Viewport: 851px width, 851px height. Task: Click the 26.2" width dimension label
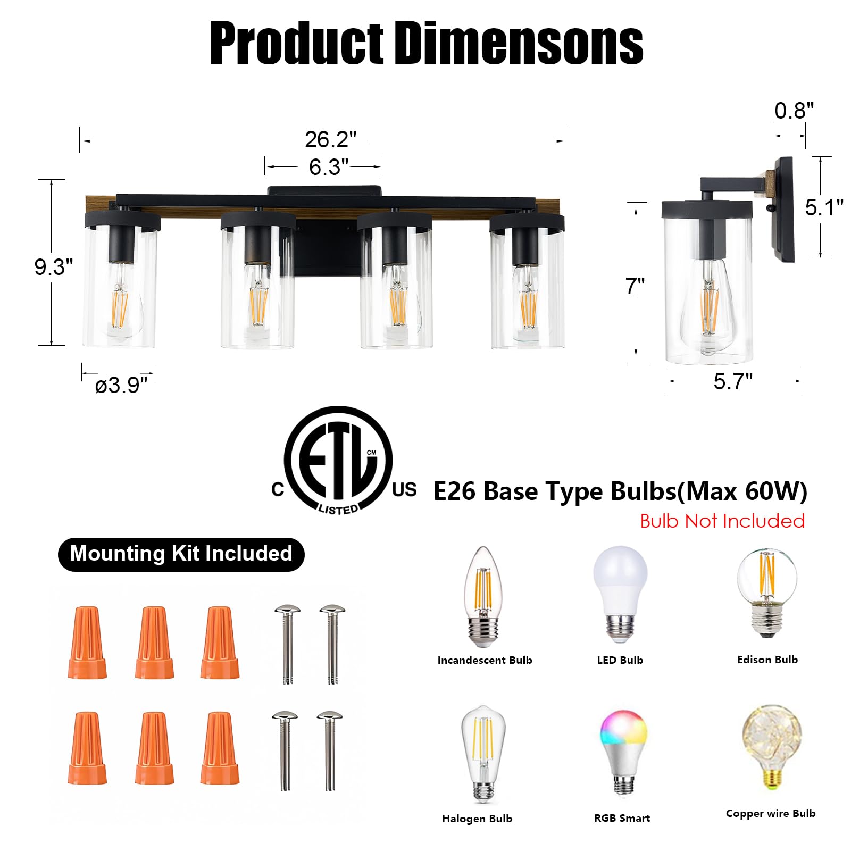(x=330, y=140)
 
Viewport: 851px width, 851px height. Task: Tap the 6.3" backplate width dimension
(x=328, y=167)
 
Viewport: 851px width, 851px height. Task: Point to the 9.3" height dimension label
(x=54, y=266)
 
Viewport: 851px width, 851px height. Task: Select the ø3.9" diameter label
(x=121, y=385)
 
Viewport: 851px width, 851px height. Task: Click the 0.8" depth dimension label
(x=794, y=111)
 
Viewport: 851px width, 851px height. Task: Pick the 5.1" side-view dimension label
(x=824, y=207)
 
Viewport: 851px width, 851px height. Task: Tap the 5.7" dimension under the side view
(x=733, y=381)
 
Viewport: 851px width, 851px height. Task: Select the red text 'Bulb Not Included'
(x=722, y=521)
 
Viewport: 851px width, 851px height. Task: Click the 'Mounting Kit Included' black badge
(x=181, y=554)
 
